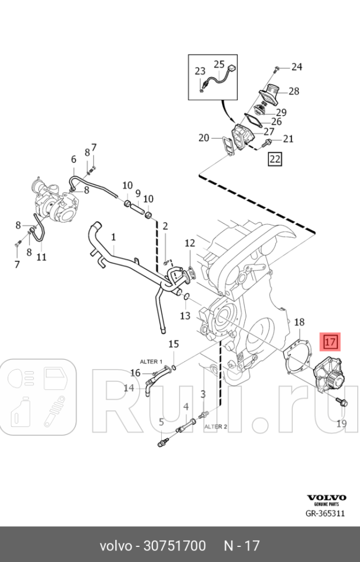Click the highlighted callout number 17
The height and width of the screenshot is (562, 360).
pos(330,341)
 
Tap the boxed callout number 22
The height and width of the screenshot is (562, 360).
pos(274,159)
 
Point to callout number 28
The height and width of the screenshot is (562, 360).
pos(293,91)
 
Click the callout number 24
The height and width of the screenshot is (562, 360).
pos(296,67)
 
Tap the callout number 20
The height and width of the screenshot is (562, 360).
pos(203,138)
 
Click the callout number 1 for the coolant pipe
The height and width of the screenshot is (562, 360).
pos(114,237)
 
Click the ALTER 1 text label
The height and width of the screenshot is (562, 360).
pos(150,361)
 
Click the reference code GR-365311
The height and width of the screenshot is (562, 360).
pos(326,513)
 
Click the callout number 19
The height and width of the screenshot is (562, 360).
pos(341,423)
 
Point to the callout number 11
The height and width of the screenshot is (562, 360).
pos(41,256)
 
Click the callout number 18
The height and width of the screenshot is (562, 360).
pos(300,322)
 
